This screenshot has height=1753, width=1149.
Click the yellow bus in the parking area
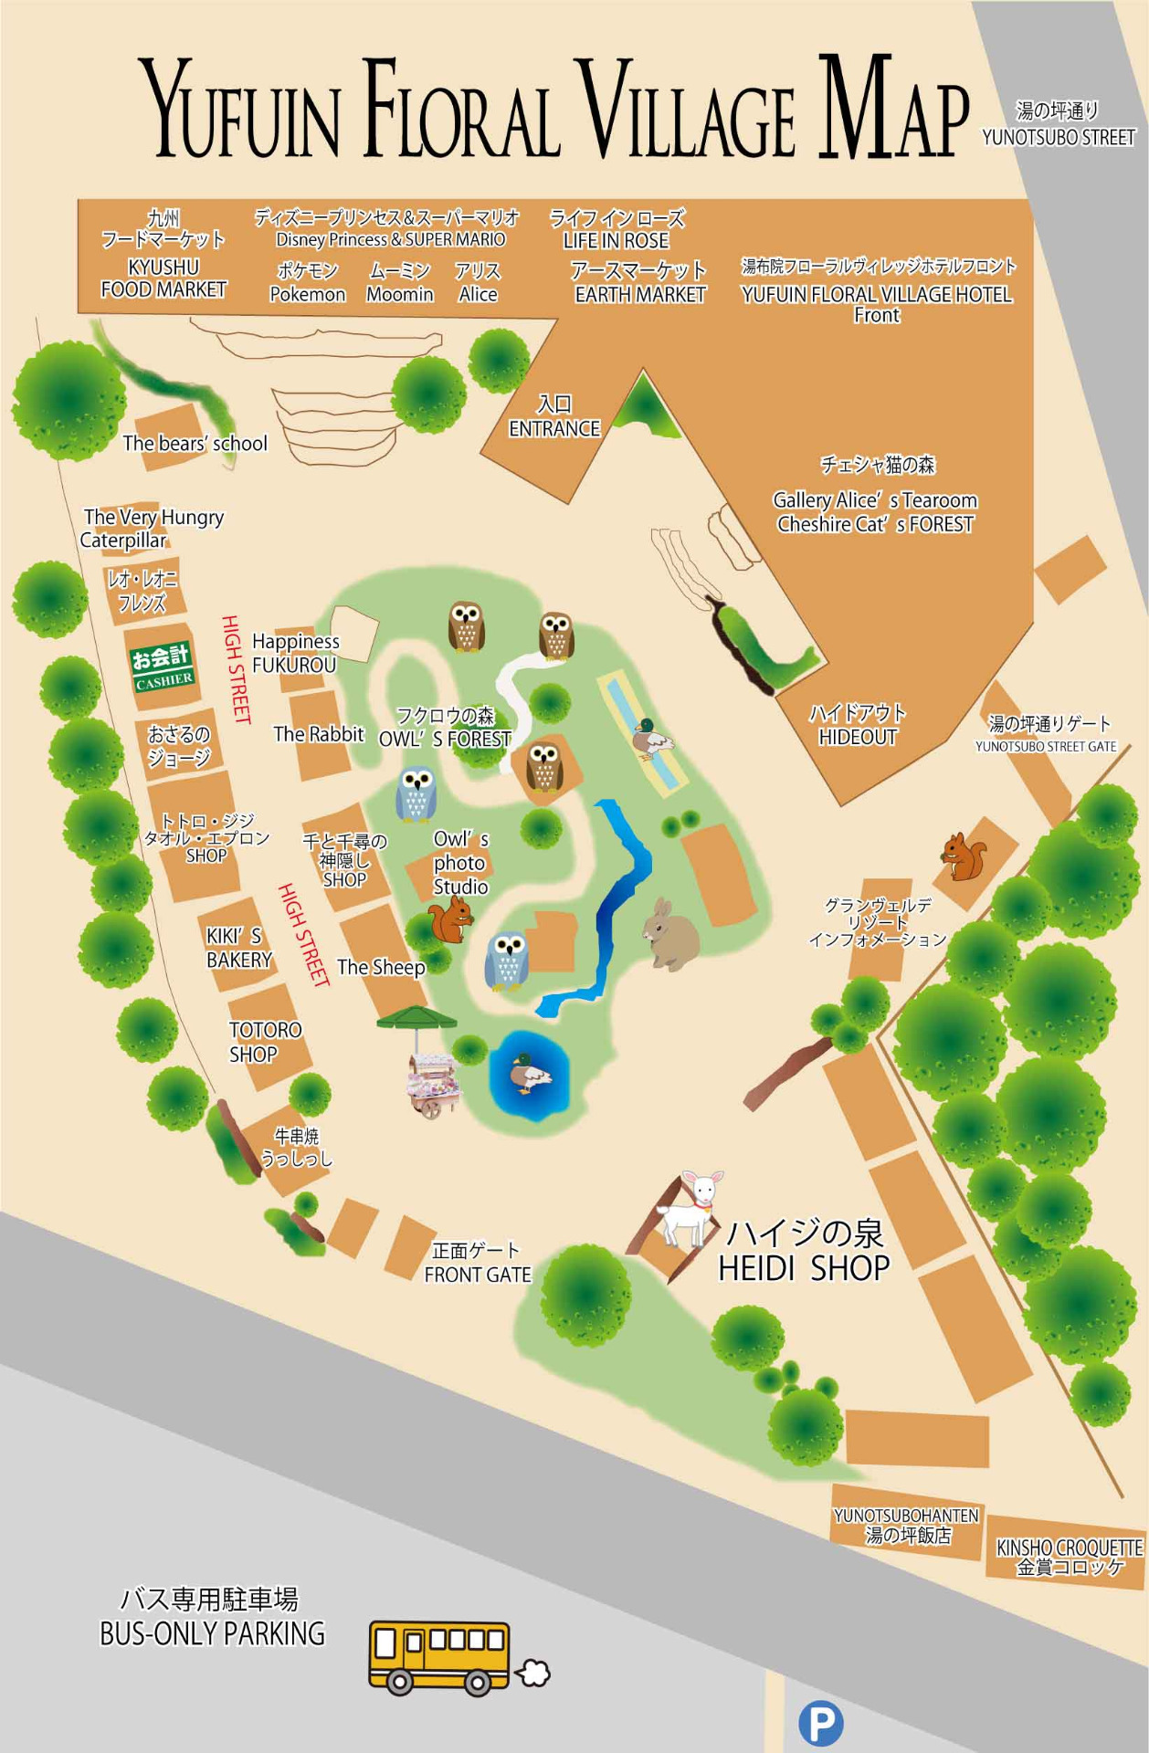click(439, 1657)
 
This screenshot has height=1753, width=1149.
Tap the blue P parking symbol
click(820, 1724)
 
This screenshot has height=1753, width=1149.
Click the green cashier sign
click(163, 667)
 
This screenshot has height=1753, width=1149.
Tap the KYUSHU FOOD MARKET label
click(163, 278)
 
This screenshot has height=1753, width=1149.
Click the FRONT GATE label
click(477, 1275)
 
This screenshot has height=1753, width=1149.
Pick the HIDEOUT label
click(858, 737)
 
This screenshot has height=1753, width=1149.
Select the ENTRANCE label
click(553, 428)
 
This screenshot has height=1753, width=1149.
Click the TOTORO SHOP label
click(264, 1042)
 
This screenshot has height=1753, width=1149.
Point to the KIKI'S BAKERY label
click(238, 948)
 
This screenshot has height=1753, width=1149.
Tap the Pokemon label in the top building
click(307, 294)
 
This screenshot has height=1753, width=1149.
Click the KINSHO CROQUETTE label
click(1069, 1548)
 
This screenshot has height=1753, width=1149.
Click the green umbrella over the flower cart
click(416, 1016)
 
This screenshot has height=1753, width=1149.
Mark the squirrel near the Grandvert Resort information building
click(965, 856)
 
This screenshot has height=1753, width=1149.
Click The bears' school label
click(195, 444)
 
